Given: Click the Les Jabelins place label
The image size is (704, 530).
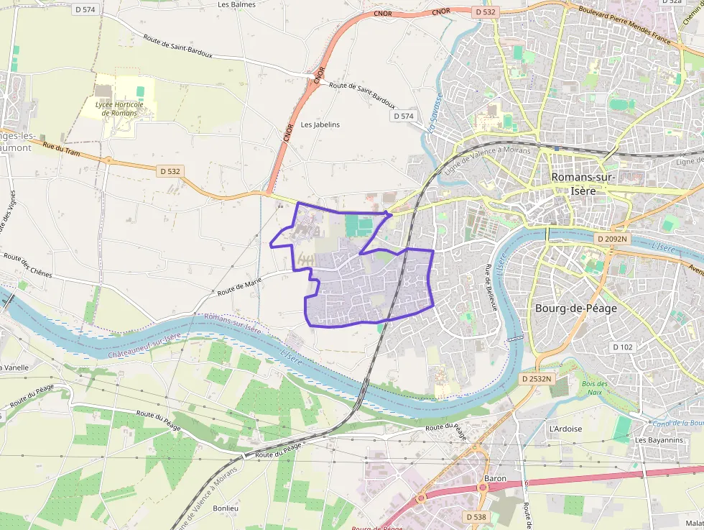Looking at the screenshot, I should [x=320, y=124].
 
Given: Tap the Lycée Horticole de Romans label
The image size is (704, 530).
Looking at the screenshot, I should [x=119, y=109].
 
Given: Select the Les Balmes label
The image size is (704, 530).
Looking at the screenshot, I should [x=236, y=4].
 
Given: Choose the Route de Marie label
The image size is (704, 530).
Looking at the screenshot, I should [x=238, y=288].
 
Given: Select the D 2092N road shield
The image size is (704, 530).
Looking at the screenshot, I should [x=611, y=238].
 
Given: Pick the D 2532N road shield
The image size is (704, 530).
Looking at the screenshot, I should [x=537, y=378].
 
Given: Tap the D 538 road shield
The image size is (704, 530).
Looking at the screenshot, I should [x=477, y=516].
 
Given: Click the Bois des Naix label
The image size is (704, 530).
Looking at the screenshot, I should [x=595, y=388].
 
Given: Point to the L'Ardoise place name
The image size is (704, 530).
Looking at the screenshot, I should [x=565, y=429].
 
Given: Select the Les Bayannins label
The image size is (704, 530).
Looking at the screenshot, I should [x=658, y=439].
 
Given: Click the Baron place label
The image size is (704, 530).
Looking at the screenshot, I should [x=496, y=478].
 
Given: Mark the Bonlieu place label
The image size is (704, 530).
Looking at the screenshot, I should [x=226, y=507].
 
